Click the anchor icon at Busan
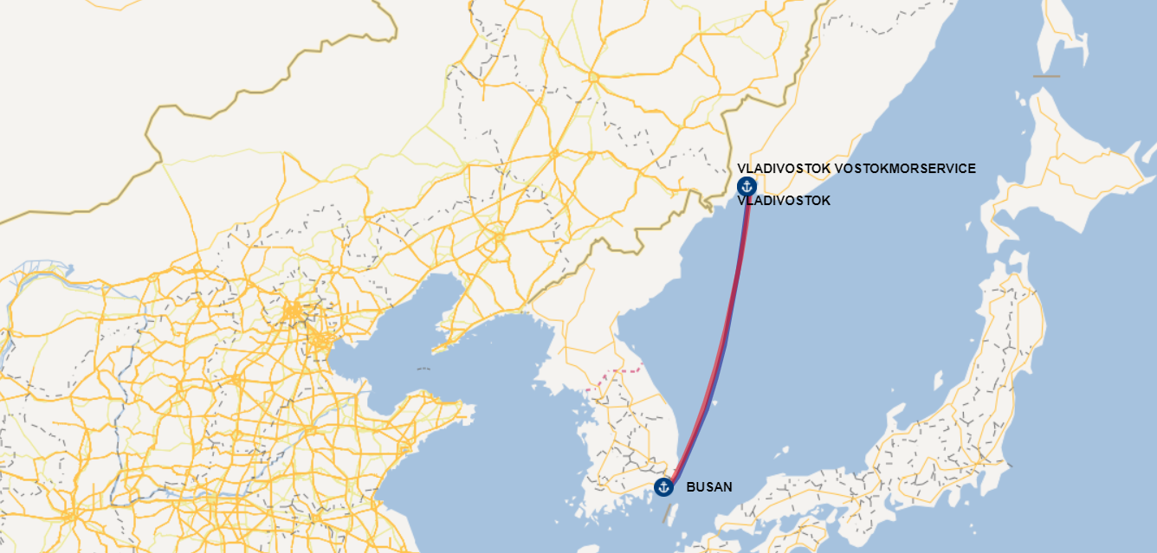(x=663, y=486)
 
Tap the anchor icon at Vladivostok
(x=747, y=186)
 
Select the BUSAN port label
(x=708, y=487)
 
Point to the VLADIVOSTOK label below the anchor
(x=784, y=201)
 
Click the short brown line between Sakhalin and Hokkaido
(x=1046, y=76)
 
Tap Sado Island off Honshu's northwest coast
(x=938, y=379)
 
